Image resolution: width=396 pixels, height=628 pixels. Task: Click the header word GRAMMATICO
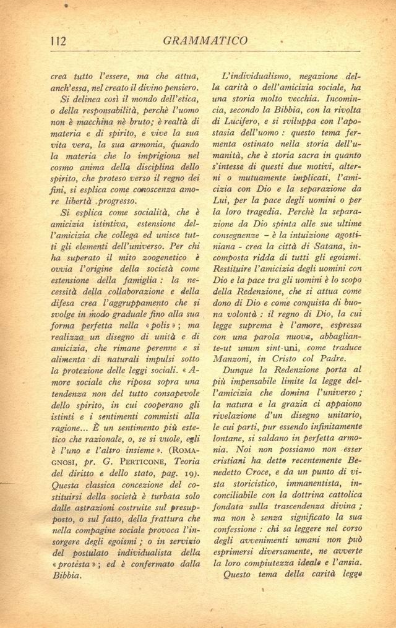point(207,41)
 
